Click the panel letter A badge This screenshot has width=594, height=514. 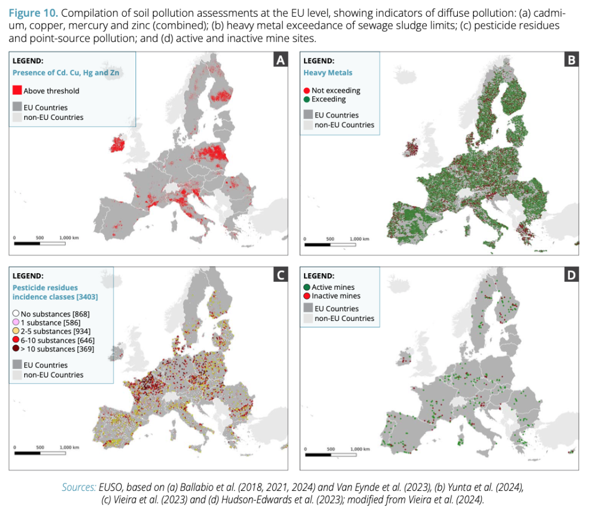tap(280, 60)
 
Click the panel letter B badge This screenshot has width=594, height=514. tap(571, 60)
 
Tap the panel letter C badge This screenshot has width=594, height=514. tap(280, 275)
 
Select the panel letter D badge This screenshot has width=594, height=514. tap(571, 275)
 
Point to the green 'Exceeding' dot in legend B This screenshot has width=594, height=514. tap(307, 99)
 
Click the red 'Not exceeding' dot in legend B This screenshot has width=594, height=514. tap(307, 90)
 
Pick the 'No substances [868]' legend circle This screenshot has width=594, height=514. tap(16, 313)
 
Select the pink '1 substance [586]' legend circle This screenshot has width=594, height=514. tap(16, 323)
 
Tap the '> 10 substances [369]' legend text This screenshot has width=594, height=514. tap(57, 349)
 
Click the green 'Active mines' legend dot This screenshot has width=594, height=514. tap(307, 287)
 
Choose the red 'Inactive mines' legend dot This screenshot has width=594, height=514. tap(307, 296)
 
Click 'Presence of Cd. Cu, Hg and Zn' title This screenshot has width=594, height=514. tap(66, 73)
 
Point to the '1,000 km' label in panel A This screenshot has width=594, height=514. tap(69, 237)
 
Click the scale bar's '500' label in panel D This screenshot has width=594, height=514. tap(330, 449)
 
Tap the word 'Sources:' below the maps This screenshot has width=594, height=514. tap(79, 487)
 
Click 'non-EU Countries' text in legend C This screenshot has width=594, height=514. tap(53, 375)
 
